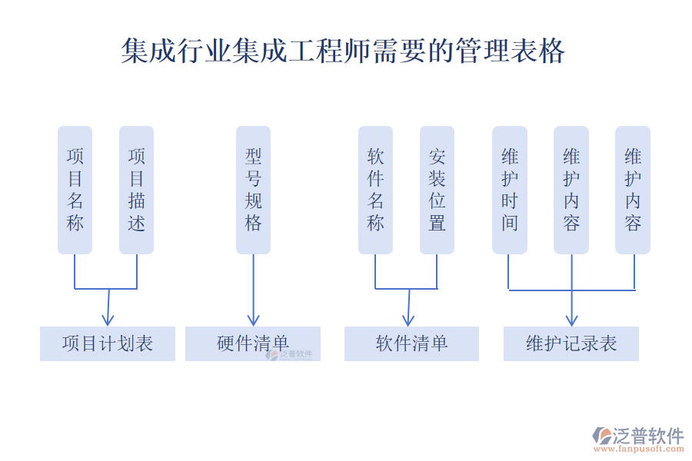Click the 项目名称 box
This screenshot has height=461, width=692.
click(x=75, y=190)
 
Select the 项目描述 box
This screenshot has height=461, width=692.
click(x=136, y=190)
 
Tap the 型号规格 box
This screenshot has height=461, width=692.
click(x=253, y=190)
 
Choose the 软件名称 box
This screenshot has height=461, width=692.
click(x=375, y=190)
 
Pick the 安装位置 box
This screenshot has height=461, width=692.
click(x=437, y=190)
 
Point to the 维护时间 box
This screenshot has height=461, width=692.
click(x=510, y=190)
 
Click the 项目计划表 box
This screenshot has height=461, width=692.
click(x=108, y=343)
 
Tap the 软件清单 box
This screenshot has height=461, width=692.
click(x=411, y=343)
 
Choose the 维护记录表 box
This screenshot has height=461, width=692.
click(x=571, y=343)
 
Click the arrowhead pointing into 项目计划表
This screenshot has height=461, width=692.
click(x=108, y=320)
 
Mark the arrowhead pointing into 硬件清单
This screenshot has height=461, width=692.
click(x=253, y=320)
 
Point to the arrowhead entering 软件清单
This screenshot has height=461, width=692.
click(x=408, y=320)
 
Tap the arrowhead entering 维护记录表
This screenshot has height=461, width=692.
click(x=571, y=320)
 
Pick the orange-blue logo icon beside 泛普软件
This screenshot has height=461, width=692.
click(x=601, y=436)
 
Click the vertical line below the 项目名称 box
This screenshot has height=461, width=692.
click(x=75, y=271)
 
